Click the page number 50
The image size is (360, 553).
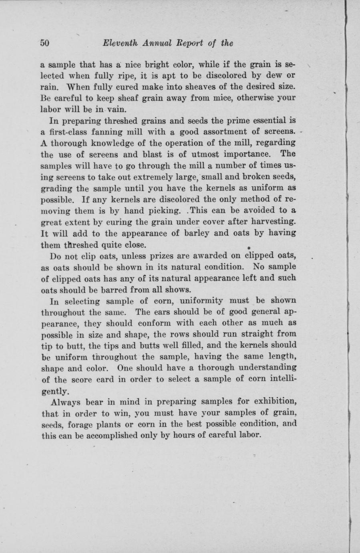point(44,43)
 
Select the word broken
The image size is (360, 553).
point(259,176)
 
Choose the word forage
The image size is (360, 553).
point(76,424)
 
